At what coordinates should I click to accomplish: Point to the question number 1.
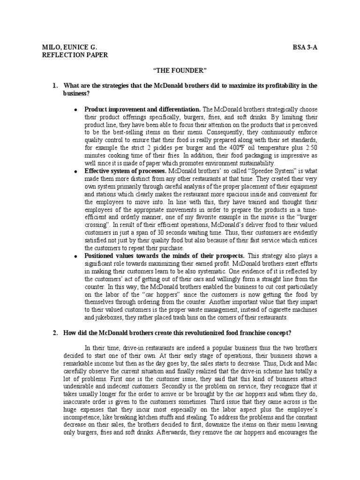55,85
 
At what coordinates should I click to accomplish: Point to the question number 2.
55,332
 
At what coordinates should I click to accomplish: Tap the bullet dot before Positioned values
76,256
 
